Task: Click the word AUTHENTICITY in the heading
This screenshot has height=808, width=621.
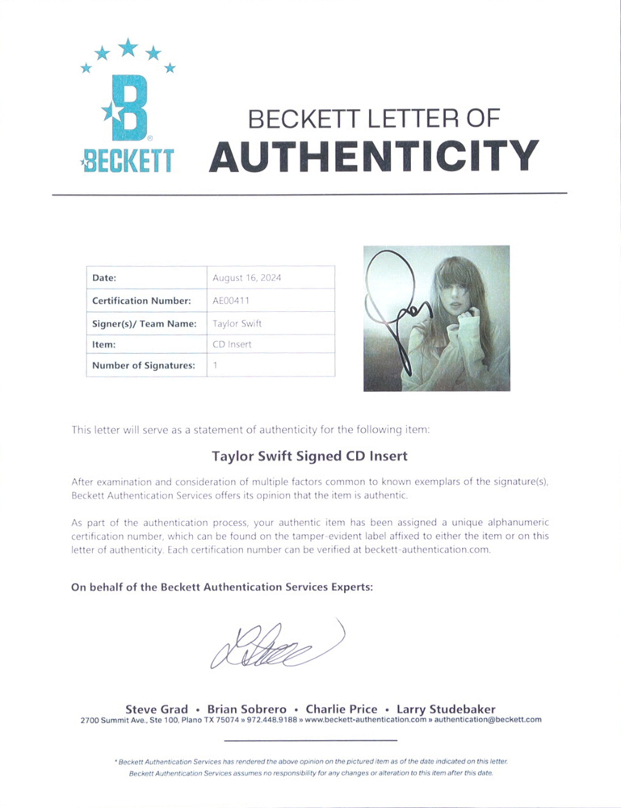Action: pyautogui.click(x=373, y=155)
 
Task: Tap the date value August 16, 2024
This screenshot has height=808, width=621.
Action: pyautogui.click(x=246, y=277)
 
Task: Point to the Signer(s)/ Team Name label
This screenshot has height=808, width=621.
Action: pyautogui.click(x=145, y=323)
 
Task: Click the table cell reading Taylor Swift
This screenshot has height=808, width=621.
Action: pyautogui.click(x=237, y=323)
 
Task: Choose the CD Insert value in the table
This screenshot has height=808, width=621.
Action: pyautogui.click(x=232, y=344)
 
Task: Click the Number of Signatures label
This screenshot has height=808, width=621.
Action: pyautogui.click(x=144, y=365)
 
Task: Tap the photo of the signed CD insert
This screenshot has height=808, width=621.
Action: pyautogui.click(x=436, y=318)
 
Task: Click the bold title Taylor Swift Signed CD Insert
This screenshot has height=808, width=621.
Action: pyautogui.click(x=310, y=456)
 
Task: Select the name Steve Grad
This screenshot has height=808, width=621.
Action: pyautogui.click(x=157, y=709)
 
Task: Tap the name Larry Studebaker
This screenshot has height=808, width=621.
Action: pyautogui.click(x=445, y=709)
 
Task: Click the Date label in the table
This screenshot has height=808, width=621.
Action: pyautogui.click(x=105, y=277)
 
